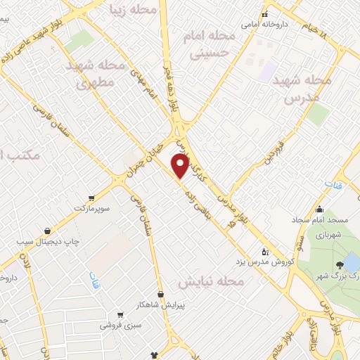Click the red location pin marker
click(x=181, y=166)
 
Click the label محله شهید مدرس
click(x=302, y=89)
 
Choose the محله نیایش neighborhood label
click(x=210, y=281)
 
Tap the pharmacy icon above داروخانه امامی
click(x=264, y=14)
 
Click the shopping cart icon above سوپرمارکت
click(x=91, y=198)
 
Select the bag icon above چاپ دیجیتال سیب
click(x=47, y=231)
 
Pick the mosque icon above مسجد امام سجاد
click(x=319, y=209)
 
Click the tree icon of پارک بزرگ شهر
click(x=341, y=264)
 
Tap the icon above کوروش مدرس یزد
click(x=264, y=250)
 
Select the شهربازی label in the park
click(x=327, y=233)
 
